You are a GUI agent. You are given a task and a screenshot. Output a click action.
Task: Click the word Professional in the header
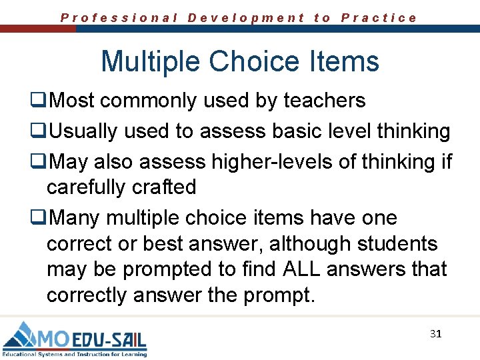[119, 18]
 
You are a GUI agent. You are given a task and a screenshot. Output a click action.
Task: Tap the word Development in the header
[246, 18]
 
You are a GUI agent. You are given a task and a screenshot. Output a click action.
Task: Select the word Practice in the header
[379, 18]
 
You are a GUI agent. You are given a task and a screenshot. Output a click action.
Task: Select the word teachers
[325, 101]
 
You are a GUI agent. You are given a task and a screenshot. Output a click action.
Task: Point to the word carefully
[85, 187]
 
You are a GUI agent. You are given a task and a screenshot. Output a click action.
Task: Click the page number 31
[435, 333]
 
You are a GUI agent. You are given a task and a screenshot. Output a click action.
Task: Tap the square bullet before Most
[38, 101]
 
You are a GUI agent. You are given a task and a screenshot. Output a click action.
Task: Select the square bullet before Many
[38, 219]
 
